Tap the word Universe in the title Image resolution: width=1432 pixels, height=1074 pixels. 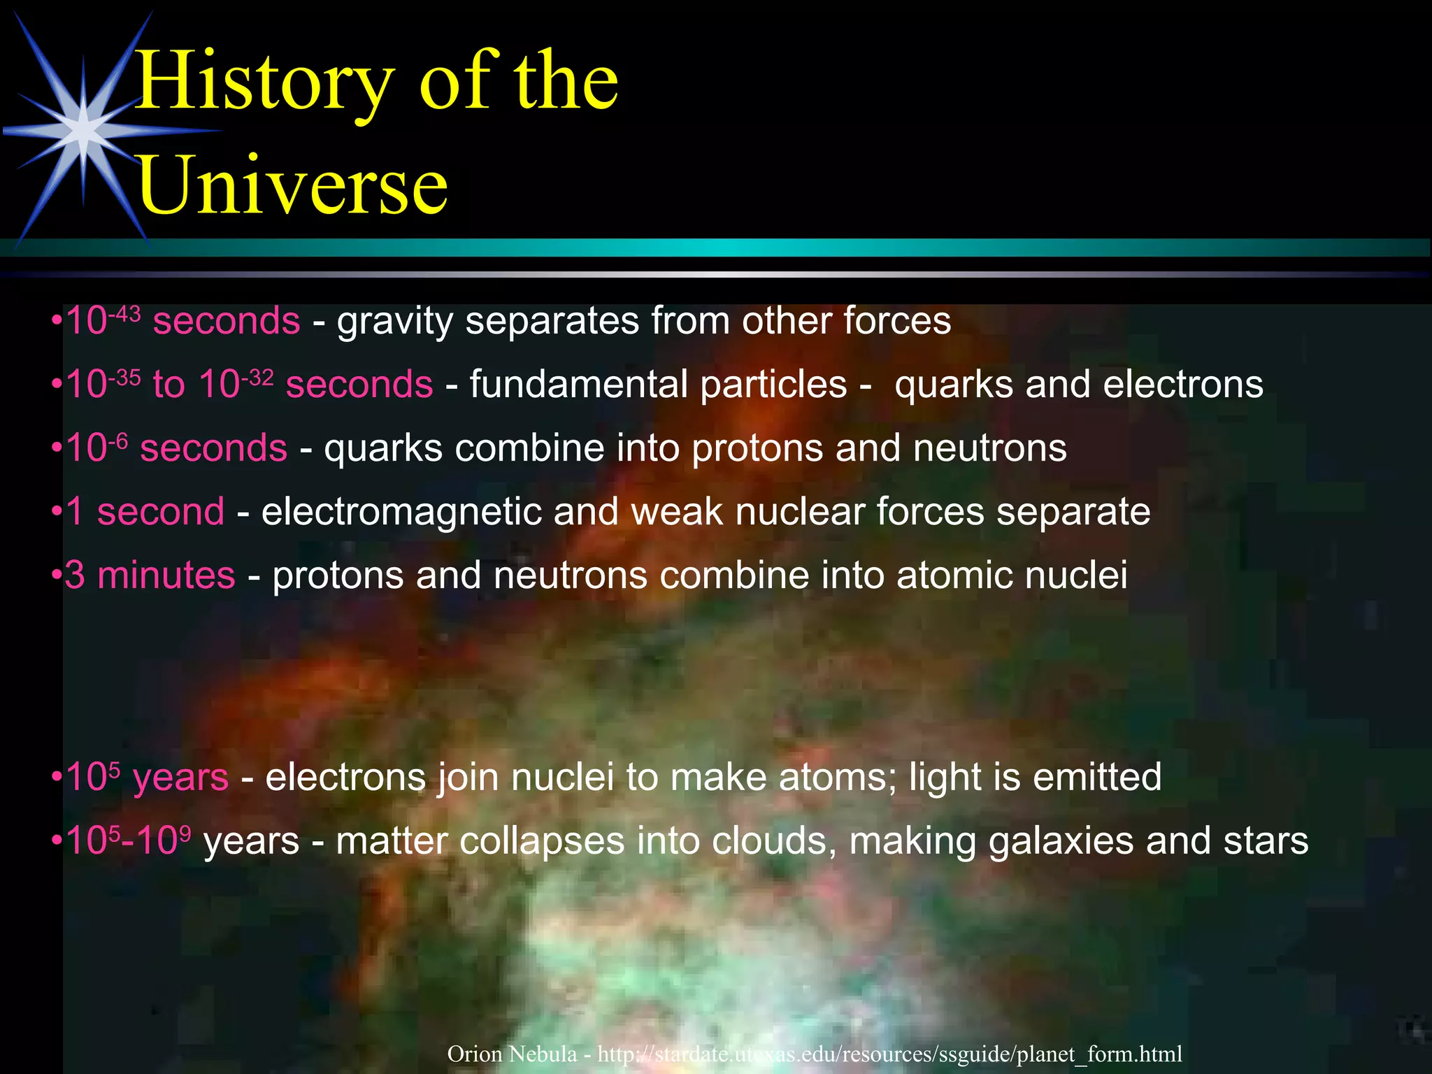click(292, 186)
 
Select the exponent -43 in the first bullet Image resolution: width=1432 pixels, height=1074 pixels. click(124, 313)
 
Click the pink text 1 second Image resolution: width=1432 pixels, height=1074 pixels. click(145, 512)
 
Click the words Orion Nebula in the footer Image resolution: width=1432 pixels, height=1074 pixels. click(512, 1054)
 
